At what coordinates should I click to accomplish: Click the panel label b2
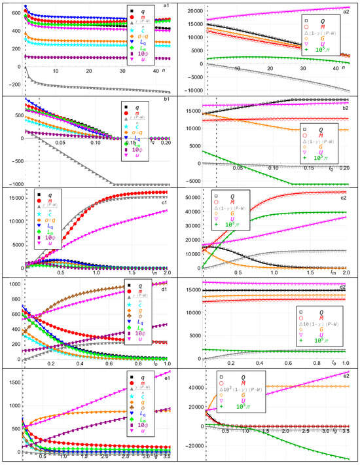[x=351, y=101]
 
